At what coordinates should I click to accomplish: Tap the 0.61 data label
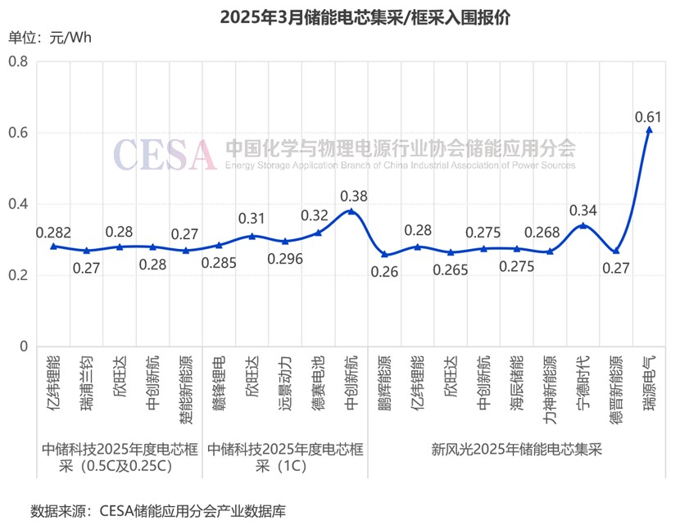tap(648, 116)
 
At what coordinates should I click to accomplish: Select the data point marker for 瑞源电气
tap(649, 129)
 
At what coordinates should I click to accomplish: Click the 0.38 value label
tap(354, 196)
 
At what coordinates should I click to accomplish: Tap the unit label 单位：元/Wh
tap(50, 38)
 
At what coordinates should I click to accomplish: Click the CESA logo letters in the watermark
tap(165, 154)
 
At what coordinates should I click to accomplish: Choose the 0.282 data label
tap(52, 233)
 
